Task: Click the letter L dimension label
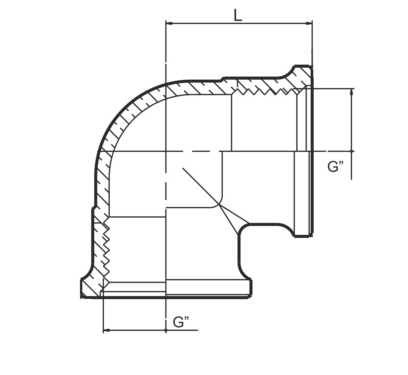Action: point(237,15)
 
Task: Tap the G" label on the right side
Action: point(335,167)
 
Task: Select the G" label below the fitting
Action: point(181,322)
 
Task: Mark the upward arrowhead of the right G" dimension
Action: point(352,92)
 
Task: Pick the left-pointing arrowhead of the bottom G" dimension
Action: point(107,330)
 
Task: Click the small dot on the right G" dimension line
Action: point(352,151)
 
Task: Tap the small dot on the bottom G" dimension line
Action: point(166,330)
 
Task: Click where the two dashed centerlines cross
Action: point(166,151)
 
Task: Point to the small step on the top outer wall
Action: point(222,79)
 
